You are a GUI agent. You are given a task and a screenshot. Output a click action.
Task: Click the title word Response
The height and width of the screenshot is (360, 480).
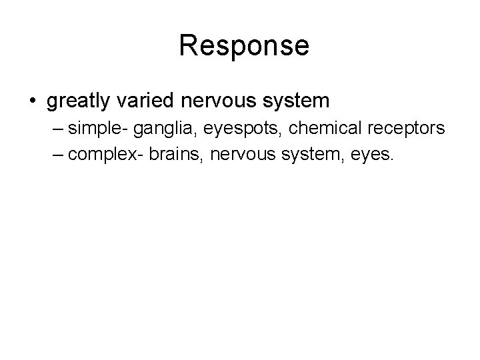click(x=244, y=46)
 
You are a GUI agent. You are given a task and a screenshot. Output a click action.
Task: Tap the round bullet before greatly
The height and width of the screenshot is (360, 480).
click(x=32, y=101)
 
